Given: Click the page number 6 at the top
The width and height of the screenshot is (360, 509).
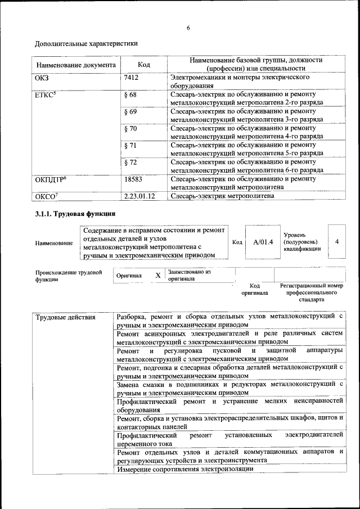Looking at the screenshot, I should click(x=188, y=28).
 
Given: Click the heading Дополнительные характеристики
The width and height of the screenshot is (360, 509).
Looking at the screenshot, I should click(x=86, y=43).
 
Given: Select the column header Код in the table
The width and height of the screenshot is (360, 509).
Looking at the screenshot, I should click(x=143, y=65).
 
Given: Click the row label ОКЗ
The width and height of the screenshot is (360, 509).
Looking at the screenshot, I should click(x=42, y=78).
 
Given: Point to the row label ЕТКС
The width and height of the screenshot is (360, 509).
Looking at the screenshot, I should click(x=45, y=94).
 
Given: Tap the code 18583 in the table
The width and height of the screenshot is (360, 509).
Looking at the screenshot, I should click(x=133, y=179).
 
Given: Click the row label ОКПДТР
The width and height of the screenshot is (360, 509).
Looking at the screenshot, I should click(x=51, y=179).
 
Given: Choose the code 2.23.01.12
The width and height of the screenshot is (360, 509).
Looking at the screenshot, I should click(x=139, y=196).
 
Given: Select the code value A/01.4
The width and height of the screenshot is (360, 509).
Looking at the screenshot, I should click(x=263, y=242).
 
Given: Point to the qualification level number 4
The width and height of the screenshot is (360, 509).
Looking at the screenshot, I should click(x=336, y=241).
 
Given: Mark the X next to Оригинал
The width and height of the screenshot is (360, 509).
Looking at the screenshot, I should click(x=158, y=276).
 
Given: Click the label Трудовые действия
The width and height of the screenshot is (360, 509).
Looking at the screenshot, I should click(x=65, y=318).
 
